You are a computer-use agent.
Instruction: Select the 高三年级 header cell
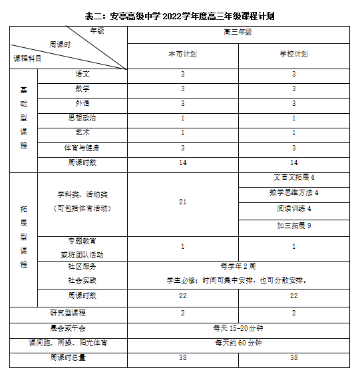tap(238, 32)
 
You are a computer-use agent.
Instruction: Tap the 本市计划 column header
tap(182, 53)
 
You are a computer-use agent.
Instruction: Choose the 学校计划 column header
tap(294, 53)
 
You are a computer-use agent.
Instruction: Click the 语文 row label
tap(83, 74)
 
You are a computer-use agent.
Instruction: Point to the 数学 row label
tap(83, 89)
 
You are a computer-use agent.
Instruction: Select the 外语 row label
tap(83, 103)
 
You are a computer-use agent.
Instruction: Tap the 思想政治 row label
tap(83, 118)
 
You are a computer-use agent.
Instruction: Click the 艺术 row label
tap(83, 132)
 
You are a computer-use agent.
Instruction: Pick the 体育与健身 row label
tap(83, 147)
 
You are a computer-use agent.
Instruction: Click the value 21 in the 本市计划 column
tap(182, 201)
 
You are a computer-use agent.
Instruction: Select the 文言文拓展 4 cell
tap(294, 178)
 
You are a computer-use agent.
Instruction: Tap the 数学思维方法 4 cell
tap(294, 193)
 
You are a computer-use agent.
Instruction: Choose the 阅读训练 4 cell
tap(294, 209)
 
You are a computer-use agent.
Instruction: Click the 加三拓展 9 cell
tap(294, 226)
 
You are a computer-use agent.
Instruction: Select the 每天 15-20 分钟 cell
tap(238, 327)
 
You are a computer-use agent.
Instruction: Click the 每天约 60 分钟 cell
tap(238, 343)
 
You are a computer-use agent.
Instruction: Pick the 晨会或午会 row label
tap(68, 327)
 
